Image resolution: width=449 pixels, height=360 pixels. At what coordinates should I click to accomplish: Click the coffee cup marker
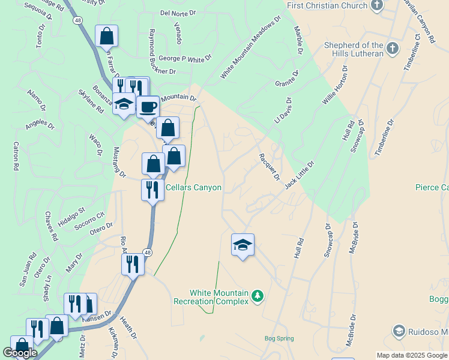pos(148,108)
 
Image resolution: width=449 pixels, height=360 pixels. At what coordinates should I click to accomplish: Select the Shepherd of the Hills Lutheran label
pos(354,49)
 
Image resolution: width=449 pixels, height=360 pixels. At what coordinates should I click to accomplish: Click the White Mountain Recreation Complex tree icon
pos(258,296)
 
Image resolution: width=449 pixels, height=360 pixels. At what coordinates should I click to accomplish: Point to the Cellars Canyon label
pos(193,188)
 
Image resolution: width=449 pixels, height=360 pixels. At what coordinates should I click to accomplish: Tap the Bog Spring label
pos(279,338)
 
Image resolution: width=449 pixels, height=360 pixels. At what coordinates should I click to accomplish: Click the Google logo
pos(20,353)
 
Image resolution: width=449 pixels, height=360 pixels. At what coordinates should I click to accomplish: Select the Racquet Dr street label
pos(269,166)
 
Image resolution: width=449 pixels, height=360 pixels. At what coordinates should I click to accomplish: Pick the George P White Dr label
pos(185,58)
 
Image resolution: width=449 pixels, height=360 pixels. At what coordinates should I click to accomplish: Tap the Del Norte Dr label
pos(178,13)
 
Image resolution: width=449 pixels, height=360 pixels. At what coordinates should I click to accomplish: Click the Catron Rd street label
pos(14,157)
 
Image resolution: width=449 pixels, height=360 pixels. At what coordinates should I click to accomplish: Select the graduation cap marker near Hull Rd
pos(243,245)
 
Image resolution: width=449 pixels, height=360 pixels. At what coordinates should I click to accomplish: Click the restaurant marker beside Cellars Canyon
pos(151,190)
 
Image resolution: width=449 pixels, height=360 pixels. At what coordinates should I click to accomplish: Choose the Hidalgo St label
pos(72,217)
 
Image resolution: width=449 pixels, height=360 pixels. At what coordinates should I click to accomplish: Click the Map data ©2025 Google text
pos(412,355)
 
